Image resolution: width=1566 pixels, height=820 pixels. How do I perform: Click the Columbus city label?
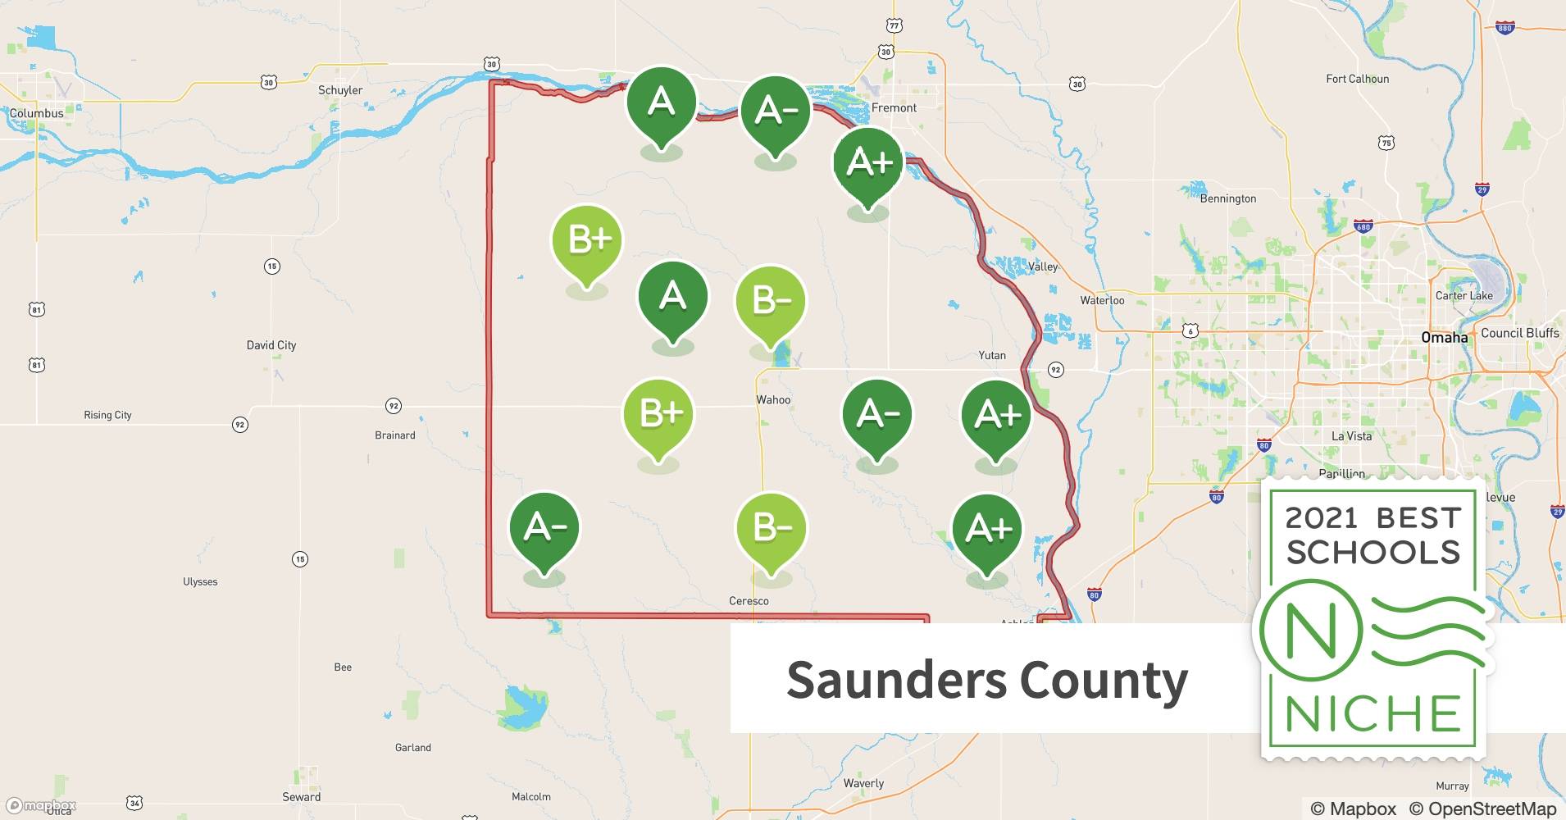point(37,113)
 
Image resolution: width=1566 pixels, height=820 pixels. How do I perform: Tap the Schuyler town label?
point(340,90)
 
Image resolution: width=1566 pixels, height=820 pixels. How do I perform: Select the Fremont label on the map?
point(895,107)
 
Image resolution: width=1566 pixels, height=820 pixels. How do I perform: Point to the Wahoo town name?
point(773,400)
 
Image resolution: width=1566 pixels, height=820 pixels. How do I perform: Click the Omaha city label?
point(1445,337)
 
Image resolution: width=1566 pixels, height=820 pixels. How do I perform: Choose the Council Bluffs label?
point(1520,333)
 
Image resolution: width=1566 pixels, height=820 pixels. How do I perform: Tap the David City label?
point(271,345)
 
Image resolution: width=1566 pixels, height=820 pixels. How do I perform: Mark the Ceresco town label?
point(749,601)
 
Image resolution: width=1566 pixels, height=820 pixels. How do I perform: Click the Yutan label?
point(992,355)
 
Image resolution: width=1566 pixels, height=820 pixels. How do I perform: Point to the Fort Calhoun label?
point(1358,79)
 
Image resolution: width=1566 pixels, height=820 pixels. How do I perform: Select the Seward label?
point(302,796)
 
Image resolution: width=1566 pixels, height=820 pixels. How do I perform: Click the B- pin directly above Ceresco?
point(771,529)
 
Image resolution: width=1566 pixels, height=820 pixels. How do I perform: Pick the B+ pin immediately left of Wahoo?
point(659,414)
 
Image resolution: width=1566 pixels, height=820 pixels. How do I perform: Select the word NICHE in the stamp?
point(1373,713)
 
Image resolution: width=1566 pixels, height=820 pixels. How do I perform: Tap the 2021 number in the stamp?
point(1322,518)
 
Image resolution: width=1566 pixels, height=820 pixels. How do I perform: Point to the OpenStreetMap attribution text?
point(1482,809)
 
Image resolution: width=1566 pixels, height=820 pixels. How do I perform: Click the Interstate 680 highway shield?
point(1363,227)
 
